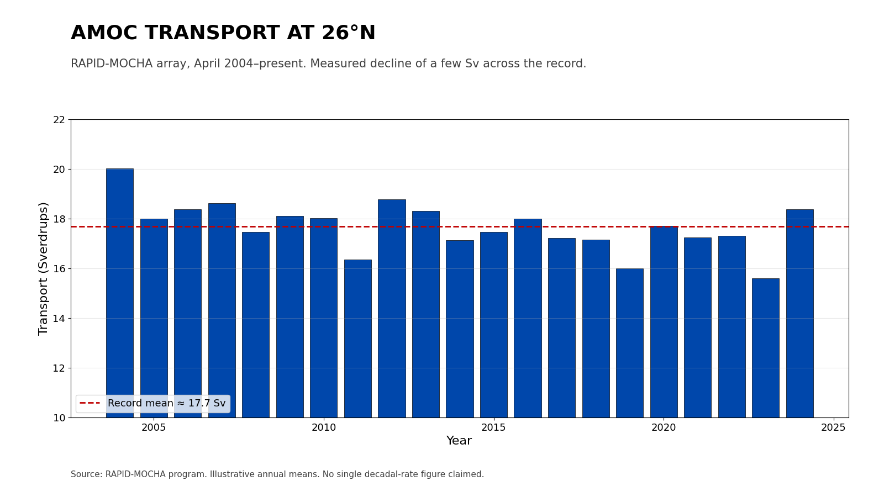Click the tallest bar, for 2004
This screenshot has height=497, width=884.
click(x=120, y=293)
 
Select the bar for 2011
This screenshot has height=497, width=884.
click(x=358, y=338)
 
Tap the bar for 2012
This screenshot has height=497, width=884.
click(x=392, y=308)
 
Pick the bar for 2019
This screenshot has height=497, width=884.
click(x=630, y=342)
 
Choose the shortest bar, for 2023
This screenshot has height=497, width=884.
click(x=766, y=348)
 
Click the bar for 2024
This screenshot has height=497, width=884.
click(x=799, y=313)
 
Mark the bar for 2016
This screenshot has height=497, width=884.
click(x=528, y=318)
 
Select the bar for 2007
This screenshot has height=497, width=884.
click(x=222, y=310)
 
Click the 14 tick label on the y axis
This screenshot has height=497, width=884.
click(x=59, y=319)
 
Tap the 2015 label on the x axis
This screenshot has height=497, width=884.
click(x=493, y=428)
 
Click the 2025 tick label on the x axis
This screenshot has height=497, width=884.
click(x=833, y=428)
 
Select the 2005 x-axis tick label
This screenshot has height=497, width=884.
click(x=154, y=428)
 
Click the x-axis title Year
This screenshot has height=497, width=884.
click(x=459, y=441)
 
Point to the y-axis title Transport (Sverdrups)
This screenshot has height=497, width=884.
click(x=44, y=268)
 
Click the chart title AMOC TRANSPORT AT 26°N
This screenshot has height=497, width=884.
click(x=223, y=33)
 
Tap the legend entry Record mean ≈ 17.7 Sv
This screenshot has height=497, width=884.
click(x=166, y=404)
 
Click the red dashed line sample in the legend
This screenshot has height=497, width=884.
click(x=90, y=404)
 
